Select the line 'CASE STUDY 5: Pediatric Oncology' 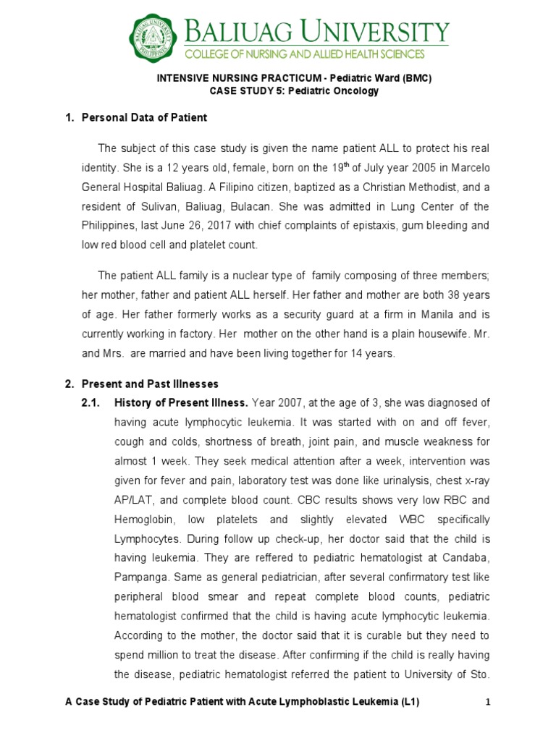pos(294,91)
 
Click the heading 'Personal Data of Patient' pos(144,117)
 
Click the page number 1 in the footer pos(488,702)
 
